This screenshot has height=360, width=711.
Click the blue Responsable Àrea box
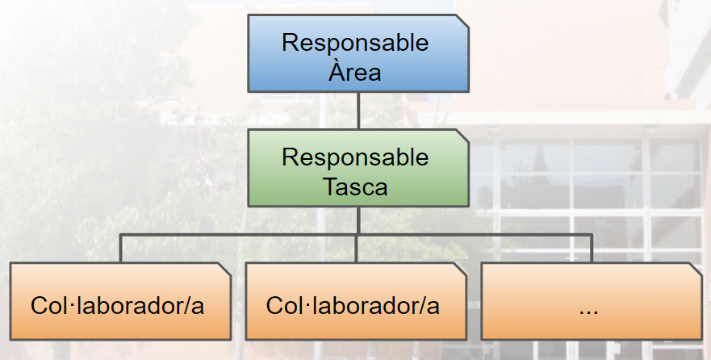tap(358, 53)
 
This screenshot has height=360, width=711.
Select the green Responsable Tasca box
tap(358, 168)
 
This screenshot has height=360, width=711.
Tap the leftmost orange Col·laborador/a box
tap(120, 301)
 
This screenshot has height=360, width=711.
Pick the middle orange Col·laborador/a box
tap(356, 301)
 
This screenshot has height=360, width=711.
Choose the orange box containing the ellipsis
tap(592, 301)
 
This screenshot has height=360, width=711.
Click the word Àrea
tap(354, 72)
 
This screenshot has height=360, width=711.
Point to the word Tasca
tap(355, 186)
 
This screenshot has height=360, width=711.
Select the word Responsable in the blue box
tap(355, 43)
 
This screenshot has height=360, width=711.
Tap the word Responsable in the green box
tap(355, 157)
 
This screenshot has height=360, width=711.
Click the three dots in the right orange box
tap(588, 312)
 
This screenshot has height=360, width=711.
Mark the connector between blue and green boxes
tap(358, 111)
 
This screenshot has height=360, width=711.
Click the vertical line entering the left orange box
tap(120, 248)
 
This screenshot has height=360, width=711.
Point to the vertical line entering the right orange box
tap(592, 248)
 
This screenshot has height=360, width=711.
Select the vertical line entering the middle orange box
tap(357, 248)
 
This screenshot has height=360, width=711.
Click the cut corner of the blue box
tap(462, 21)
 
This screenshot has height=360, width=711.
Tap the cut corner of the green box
tap(462, 136)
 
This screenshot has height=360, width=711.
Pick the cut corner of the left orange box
tap(224, 269)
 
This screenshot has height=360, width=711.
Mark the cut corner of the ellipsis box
tap(696, 269)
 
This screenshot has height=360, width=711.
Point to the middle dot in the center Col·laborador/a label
tap(302, 304)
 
